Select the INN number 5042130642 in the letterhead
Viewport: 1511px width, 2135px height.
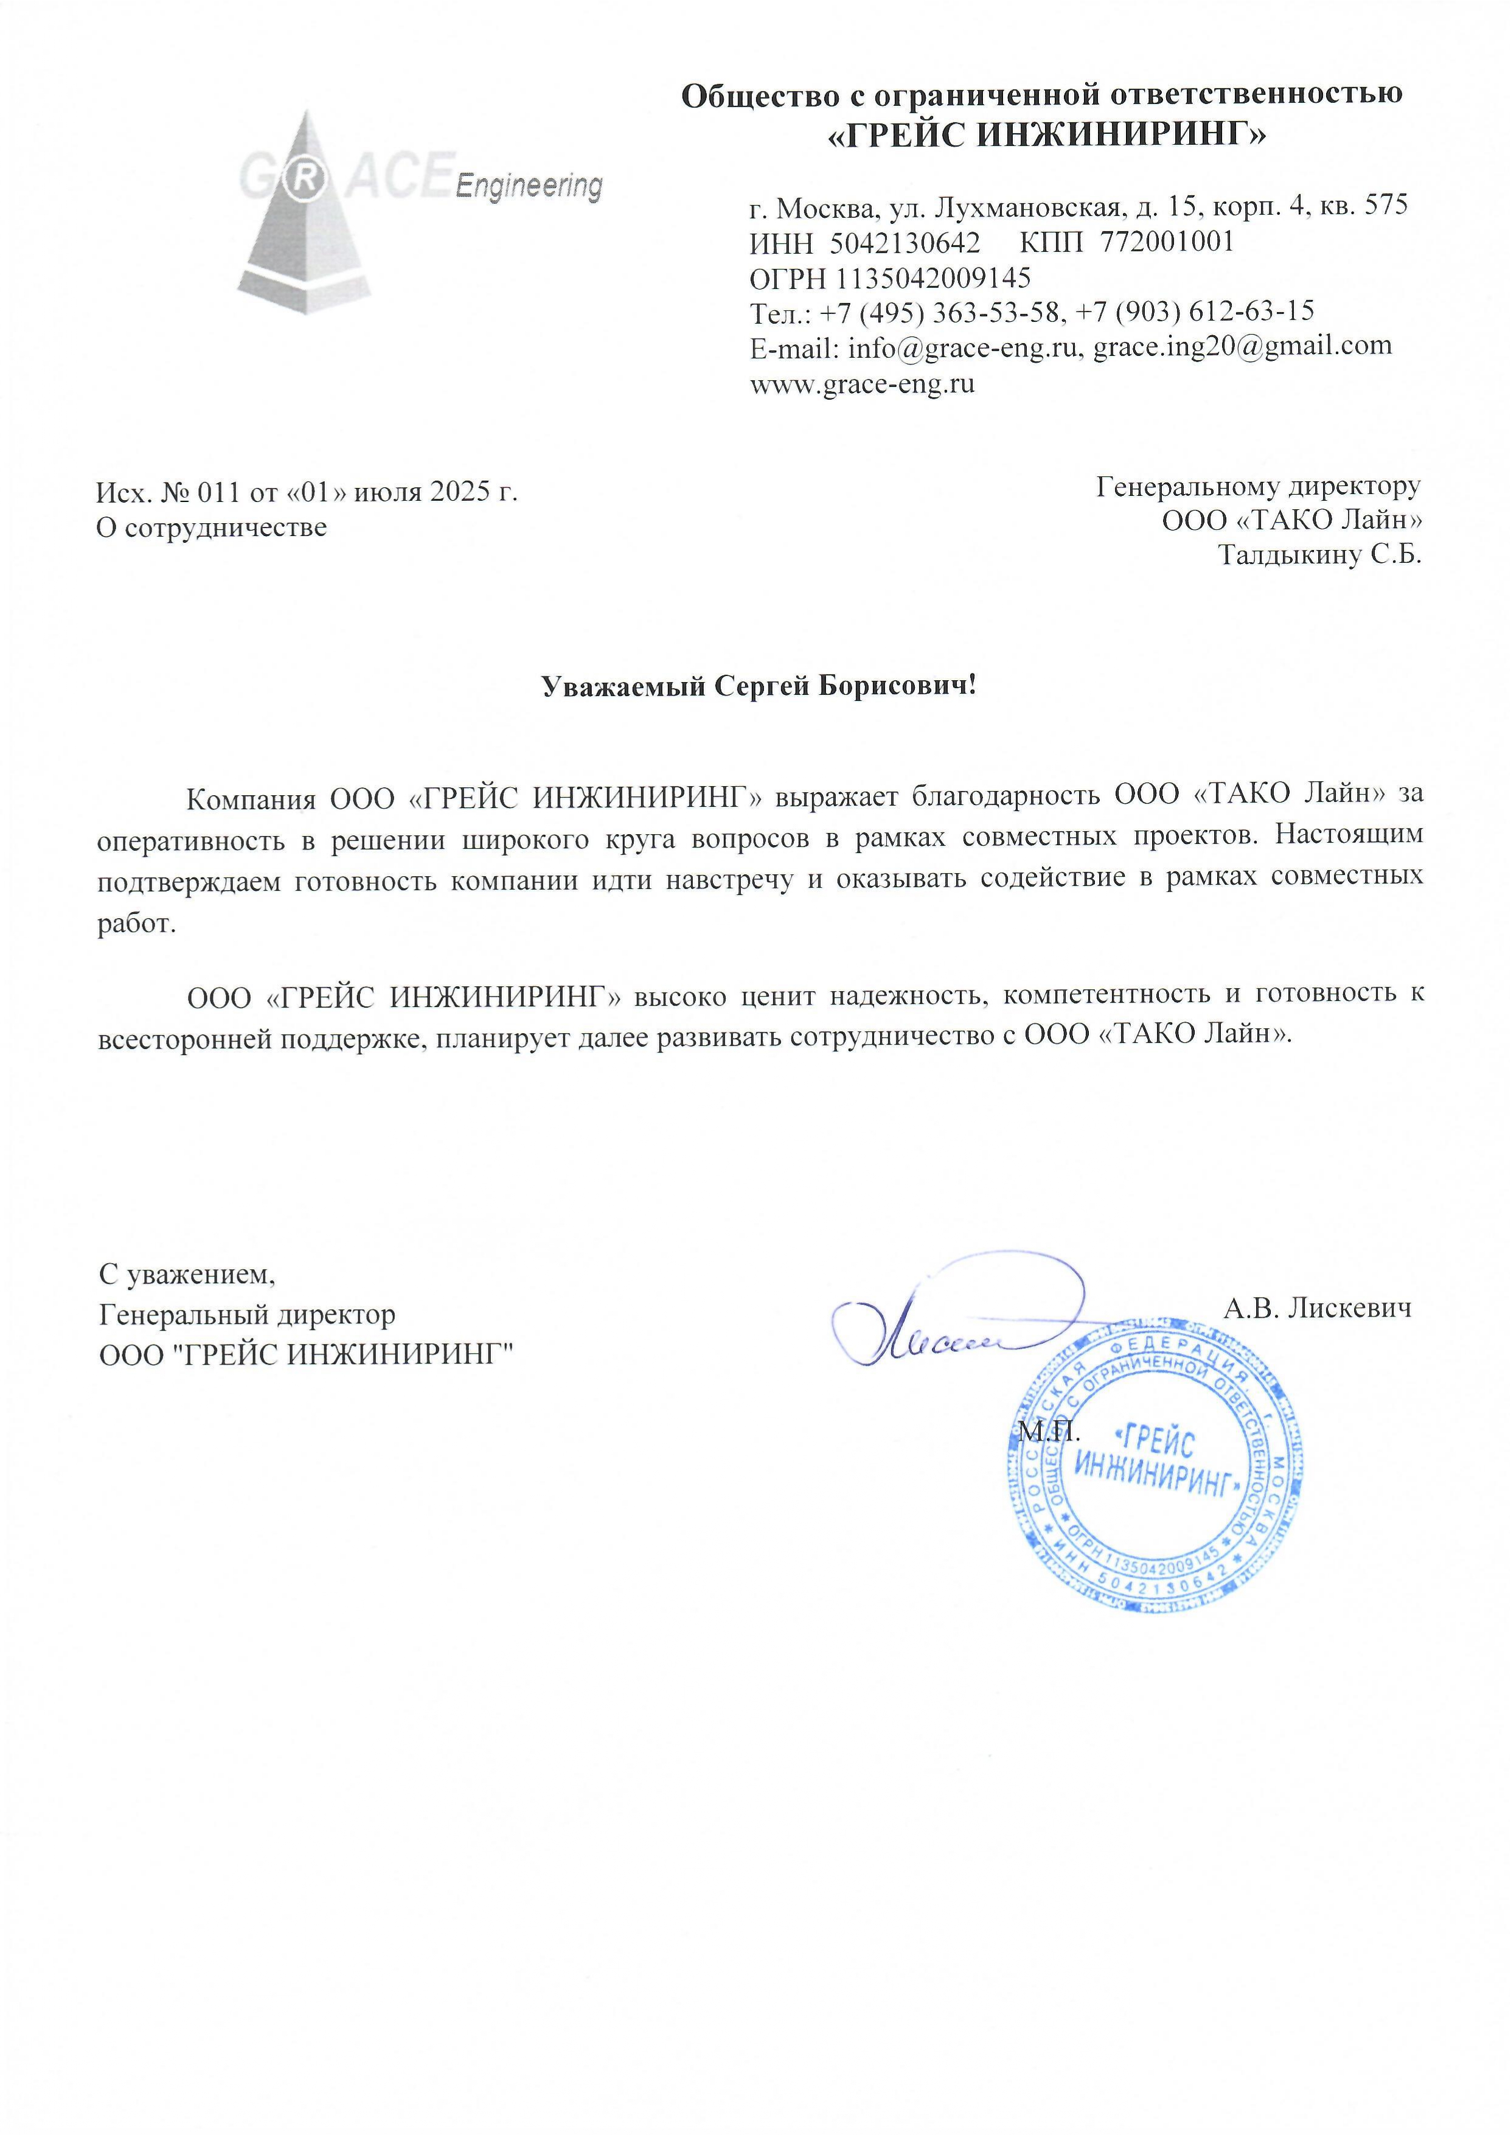(905, 243)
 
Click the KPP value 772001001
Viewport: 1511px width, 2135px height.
(1167, 242)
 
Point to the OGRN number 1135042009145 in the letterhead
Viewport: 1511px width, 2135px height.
(933, 278)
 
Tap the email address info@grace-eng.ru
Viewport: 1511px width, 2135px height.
(961, 348)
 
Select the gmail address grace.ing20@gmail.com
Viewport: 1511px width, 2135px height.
(1242, 347)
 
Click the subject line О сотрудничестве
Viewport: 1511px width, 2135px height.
(212, 528)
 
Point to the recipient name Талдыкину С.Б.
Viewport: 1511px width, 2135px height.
(1319, 556)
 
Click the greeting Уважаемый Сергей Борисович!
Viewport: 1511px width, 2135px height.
(759, 687)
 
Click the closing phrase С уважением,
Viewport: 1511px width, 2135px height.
(188, 1272)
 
